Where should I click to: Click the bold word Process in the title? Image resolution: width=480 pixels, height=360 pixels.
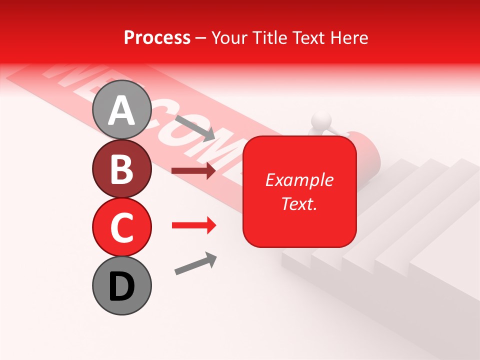tap(157, 38)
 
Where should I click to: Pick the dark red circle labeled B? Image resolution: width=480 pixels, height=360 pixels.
tap(121, 169)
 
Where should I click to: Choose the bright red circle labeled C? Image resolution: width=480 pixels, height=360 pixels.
tap(121, 227)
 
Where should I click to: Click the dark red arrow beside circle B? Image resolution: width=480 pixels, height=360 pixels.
tap(193, 171)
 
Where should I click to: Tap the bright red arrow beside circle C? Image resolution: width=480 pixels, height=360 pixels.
tap(193, 225)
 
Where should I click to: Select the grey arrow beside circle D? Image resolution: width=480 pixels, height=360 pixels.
tap(195, 263)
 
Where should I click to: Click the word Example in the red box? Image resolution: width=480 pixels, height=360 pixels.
tap(299, 180)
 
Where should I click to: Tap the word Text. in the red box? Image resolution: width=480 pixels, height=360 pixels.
tap(299, 203)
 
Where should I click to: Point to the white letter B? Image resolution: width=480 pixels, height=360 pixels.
tap(121, 169)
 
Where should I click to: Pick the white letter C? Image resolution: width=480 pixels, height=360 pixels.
tap(121, 227)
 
